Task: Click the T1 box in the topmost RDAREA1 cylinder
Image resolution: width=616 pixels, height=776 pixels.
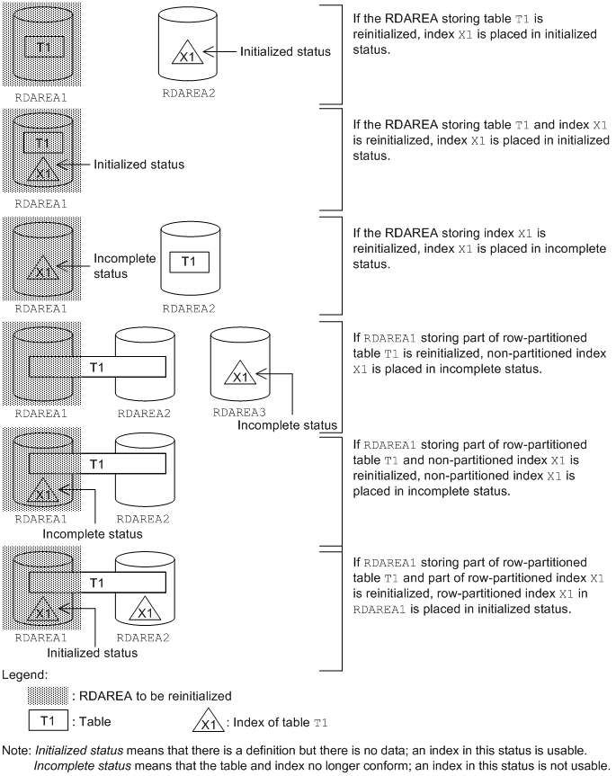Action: click(39, 44)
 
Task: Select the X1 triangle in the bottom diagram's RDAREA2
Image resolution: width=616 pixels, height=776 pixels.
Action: click(145, 611)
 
